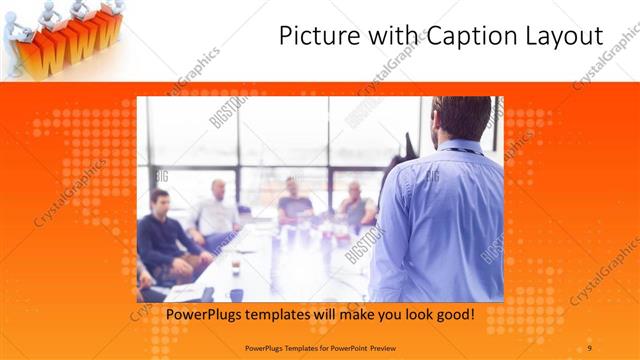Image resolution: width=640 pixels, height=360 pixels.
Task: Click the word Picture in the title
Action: (313, 37)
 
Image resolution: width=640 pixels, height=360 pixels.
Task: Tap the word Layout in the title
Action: (566, 37)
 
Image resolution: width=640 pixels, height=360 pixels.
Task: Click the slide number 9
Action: (589, 347)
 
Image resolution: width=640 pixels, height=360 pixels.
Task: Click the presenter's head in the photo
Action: (461, 119)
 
